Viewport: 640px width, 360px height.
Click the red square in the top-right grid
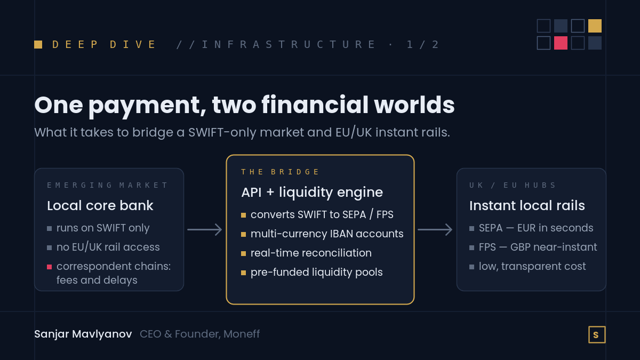point(561,43)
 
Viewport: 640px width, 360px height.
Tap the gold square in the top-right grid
point(595,26)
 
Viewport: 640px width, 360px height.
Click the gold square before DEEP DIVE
point(38,45)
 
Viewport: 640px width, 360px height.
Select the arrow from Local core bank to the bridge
point(205,230)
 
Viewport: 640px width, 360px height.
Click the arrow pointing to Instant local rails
point(435,230)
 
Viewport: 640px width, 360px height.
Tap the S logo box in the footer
point(597,334)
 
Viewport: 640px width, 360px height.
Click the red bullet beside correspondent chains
point(50,267)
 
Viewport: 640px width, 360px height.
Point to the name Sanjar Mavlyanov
point(83,334)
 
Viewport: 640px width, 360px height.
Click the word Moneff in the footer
point(242,334)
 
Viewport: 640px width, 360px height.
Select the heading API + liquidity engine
point(312,193)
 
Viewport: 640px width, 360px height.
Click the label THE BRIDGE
point(279,172)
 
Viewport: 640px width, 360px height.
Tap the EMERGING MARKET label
point(107,185)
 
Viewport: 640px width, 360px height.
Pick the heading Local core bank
point(100,206)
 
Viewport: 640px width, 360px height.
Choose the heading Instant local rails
point(527,206)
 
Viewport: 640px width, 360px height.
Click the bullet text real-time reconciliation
point(311,253)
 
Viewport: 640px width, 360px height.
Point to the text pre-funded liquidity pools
point(317,273)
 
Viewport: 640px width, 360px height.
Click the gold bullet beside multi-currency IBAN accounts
point(243,234)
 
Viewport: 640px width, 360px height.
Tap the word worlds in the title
point(414,105)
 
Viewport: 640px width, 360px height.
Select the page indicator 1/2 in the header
point(422,45)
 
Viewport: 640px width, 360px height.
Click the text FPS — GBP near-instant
point(538,247)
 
